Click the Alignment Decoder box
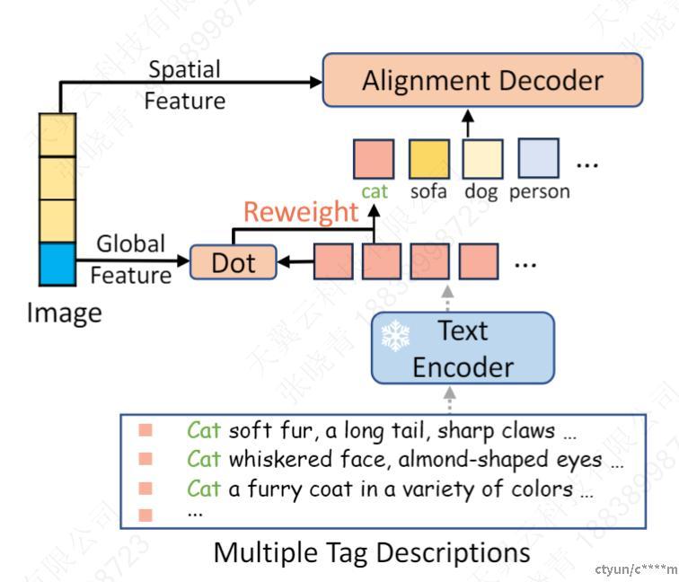point(482,81)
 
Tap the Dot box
point(233,262)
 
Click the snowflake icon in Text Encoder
point(395,336)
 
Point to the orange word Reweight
point(300,213)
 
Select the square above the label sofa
point(429,159)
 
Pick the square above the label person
point(537,159)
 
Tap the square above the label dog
point(482,159)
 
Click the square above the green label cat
point(374,159)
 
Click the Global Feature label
point(131,259)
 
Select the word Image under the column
point(64,313)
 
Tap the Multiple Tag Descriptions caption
point(372,552)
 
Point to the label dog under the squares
point(481,191)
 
